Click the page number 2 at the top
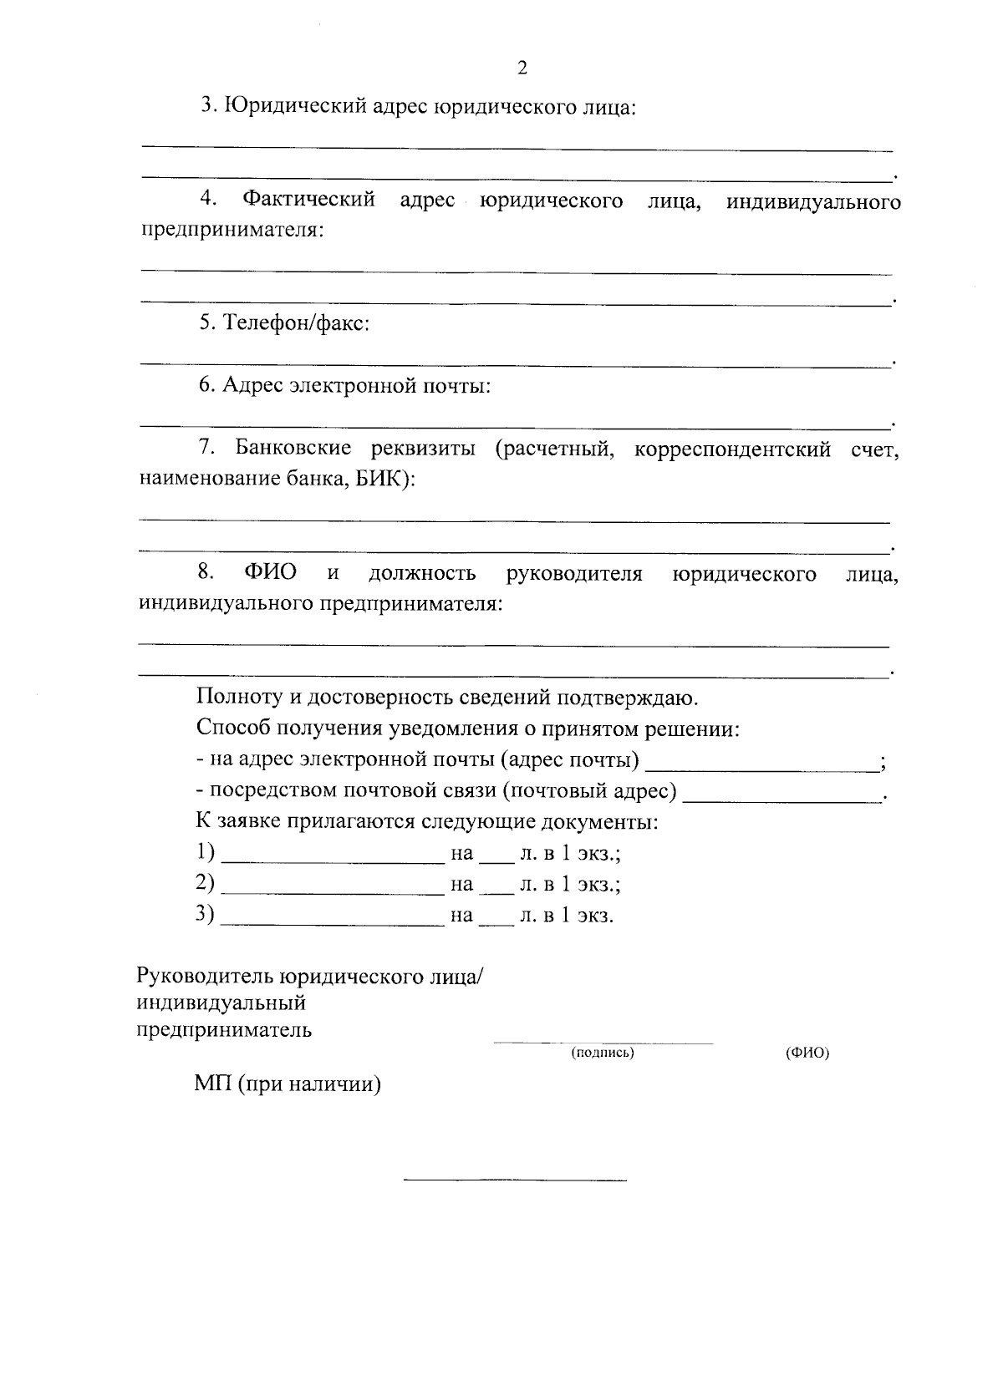pyautogui.click(x=522, y=69)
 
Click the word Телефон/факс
pyautogui.click(x=296, y=323)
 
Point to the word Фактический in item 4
pyautogui.click(x=308, y=201)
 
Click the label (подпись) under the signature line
pyautogui.click(x=603, y=1053)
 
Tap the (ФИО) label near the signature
pyautogui.click(x=807, y=1053)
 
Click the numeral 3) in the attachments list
pyautogui.click(x=205, y=914)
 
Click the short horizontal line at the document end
pyautogui.click(x=515, y=1180)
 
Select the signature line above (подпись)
pyautogui.click(x=603, y=1042)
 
